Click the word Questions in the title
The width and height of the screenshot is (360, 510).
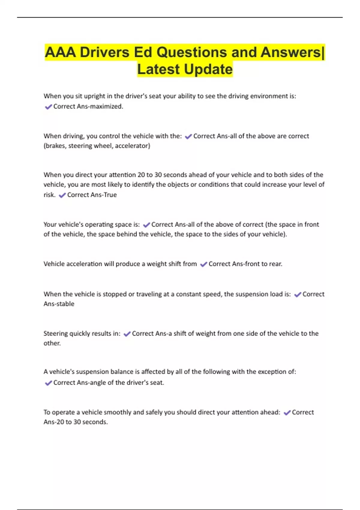(192, 52)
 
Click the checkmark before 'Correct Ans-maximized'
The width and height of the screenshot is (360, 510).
(48, 107)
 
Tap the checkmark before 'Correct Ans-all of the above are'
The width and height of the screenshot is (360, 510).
(188, 136)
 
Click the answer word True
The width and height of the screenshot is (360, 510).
(110, 195)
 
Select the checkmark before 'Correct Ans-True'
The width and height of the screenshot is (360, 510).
(62, 195)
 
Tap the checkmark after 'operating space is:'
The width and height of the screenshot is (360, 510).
(146, 225)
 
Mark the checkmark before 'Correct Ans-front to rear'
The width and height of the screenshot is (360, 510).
(204, 264)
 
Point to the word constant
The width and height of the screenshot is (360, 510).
(187, 294)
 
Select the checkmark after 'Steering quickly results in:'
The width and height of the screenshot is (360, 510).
(127, 334)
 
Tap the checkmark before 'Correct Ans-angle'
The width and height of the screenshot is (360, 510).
(48, 383)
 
